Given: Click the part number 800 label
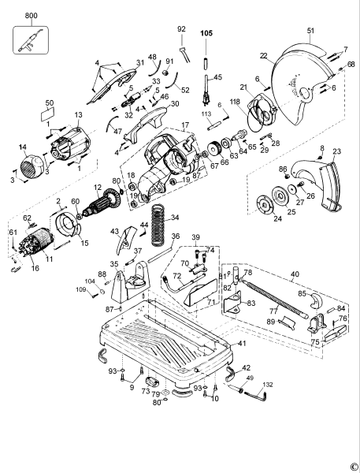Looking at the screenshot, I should [x=31, y=16].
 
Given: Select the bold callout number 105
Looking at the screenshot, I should [x=206, y=33].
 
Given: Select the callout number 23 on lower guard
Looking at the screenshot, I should [x=336, y=151].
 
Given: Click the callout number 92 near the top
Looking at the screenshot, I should [x=181, y=29].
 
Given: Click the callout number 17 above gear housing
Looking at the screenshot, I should [x=185, y=125].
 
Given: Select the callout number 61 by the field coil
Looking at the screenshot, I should [x=13, y=233].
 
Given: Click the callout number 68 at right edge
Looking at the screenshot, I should [x=351, y=64].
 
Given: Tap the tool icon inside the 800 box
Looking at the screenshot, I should [x=31, y=39].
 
